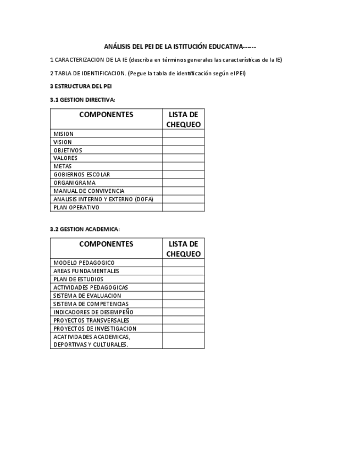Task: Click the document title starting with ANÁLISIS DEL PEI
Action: pyautogui.click(x=180, y=47)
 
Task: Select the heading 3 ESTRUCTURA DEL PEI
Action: pyautogui.click(x=81, y=86)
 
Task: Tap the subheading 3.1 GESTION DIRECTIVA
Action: pyautogui.click(x=82, y=100)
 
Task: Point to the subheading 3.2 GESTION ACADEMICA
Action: pyautogui.click(x=85, y=229)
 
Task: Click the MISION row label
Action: pyautogui.click(x=63, y=134)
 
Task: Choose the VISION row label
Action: pyautogui.click(x=63, y=142)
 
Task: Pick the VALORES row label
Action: pyautogui.click(x=65, y=158)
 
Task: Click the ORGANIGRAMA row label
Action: pyautogui.click(x=74, y=182)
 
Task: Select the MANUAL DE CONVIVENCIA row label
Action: pyautogui.click(x=88, y=191)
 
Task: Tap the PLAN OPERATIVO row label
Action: pyautogui.click(x=76, y=207)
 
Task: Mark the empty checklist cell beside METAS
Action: pyautogui.click(x=183, y=167)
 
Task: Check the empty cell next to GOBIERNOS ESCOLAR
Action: pyautogui.click(x=183, y=175)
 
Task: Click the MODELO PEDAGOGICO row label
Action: pyautogui.click(x=84, y=263)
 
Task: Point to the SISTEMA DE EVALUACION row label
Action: pyautogui.click(x=87, y=296)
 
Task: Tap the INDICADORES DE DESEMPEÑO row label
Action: pyautogui.click(x=93, y=312)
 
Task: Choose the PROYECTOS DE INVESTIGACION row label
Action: pyautogui.click(x=95, y=329)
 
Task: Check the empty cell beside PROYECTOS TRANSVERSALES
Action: pyautogui.click(x=183, y=320)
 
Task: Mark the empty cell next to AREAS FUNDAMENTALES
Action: pyautogui.click(x=183, y=271)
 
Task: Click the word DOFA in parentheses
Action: pyautogui.click(x=143, y=199)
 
